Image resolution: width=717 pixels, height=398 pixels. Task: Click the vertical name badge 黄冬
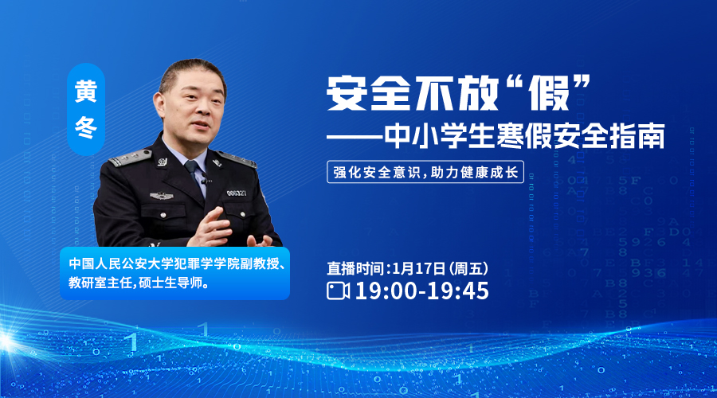coord(86,109)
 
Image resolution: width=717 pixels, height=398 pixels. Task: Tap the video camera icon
coord(339,291)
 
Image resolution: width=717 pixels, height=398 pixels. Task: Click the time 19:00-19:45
coord(422,291)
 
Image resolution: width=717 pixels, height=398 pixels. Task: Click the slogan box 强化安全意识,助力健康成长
coord(425,172)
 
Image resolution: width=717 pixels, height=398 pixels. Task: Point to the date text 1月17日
coord(418,268)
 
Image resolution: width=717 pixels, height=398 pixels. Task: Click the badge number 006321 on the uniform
coord(237,193)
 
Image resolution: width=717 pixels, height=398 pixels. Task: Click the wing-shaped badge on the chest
coord(162,196)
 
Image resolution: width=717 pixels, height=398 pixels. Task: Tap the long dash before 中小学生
coord(355,135)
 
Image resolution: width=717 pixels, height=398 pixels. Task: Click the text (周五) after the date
coord(468,268)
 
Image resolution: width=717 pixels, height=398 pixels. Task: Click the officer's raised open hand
coord(211,227)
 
